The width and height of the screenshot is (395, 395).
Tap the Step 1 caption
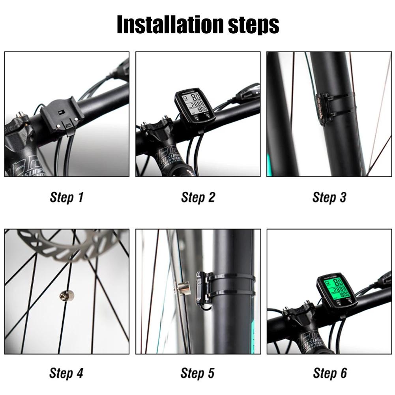pos(67,197)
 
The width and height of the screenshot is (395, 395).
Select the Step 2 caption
pos(198,197)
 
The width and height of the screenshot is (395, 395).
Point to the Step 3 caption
pos(329,197)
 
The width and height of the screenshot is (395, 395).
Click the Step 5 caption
pos(198,373)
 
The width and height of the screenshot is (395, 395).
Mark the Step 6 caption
pos(330,373)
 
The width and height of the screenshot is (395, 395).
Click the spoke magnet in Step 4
pos(64,295)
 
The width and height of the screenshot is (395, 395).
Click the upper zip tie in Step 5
pos(231,278)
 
